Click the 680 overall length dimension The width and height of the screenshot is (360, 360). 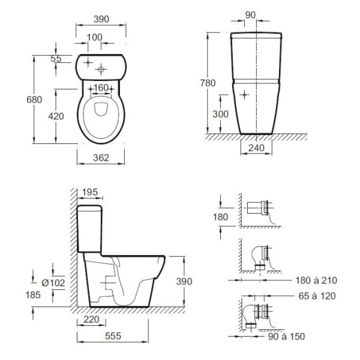point(34,100)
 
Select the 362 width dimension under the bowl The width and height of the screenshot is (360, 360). point(101,158)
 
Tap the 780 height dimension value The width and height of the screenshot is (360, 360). point(208,83)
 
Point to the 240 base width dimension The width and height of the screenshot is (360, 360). point(256,148)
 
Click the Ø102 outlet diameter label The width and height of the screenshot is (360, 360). point(53,283)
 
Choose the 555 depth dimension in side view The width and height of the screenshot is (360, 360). point(113,336)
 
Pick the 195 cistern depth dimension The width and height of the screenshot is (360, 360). point(90,192)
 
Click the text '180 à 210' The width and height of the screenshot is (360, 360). point(316,280)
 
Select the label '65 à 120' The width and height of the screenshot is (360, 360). point(317,296)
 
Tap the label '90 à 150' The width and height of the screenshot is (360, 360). point(287,337)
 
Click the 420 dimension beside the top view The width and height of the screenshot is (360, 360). point(56,116)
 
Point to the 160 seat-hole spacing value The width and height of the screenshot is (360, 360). point(101,88)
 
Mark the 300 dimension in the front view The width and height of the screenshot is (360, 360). point(220,114)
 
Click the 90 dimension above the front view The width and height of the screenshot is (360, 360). point(250,15)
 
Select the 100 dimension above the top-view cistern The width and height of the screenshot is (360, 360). point(95,37)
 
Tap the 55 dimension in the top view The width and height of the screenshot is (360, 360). point(56,59)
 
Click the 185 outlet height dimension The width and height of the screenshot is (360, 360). point(33,295)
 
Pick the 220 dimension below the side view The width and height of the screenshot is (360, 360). point(91,319)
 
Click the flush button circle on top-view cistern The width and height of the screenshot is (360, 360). point(101,70)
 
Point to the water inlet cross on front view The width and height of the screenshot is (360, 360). point(244,95)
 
